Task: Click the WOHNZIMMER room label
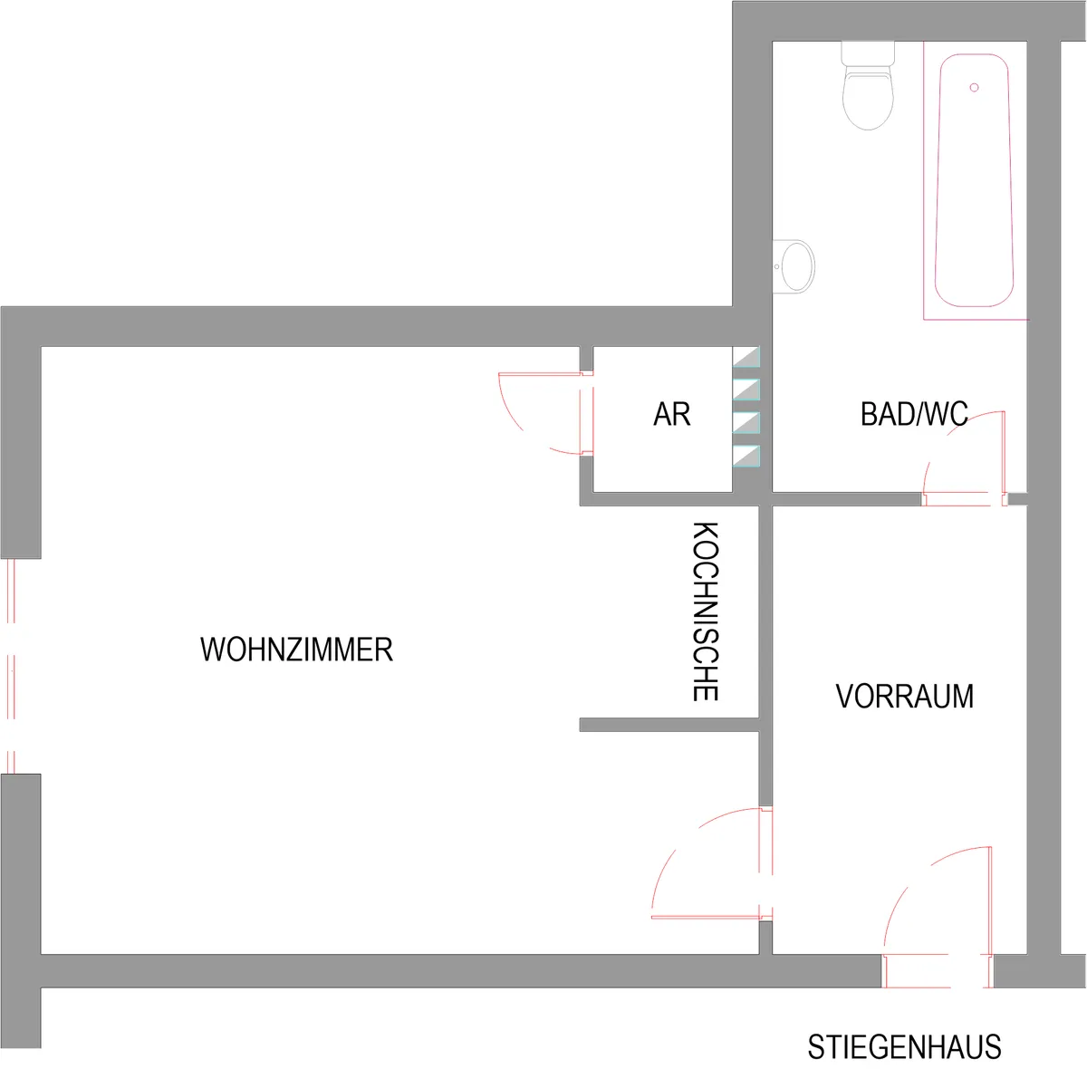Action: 296,650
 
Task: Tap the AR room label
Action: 671,414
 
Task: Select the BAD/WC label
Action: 914,414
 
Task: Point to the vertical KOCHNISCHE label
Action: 705,612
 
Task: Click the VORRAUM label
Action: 904,696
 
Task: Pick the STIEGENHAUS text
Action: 904,1047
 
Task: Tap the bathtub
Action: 974,180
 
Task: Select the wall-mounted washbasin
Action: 794,266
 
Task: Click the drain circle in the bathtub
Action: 974,88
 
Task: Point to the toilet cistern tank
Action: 868,53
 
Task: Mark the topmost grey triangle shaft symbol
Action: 746,357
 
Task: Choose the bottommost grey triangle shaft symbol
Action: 746,456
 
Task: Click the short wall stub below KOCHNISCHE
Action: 669,725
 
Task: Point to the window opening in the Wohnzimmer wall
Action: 11,666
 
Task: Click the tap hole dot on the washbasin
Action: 776,266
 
